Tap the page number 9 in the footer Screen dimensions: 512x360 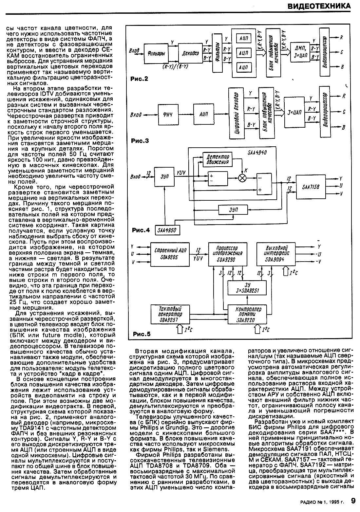click(353, 501)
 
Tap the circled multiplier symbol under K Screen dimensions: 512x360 click(243, 178)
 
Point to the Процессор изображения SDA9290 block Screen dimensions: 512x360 click(227, 253)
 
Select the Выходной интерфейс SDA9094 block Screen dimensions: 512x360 click(275, 253)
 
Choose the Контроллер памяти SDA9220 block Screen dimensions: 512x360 click(249, 314)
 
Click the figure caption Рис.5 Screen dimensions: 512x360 click(142, 334)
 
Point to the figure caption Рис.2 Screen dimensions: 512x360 click(139, 79)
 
